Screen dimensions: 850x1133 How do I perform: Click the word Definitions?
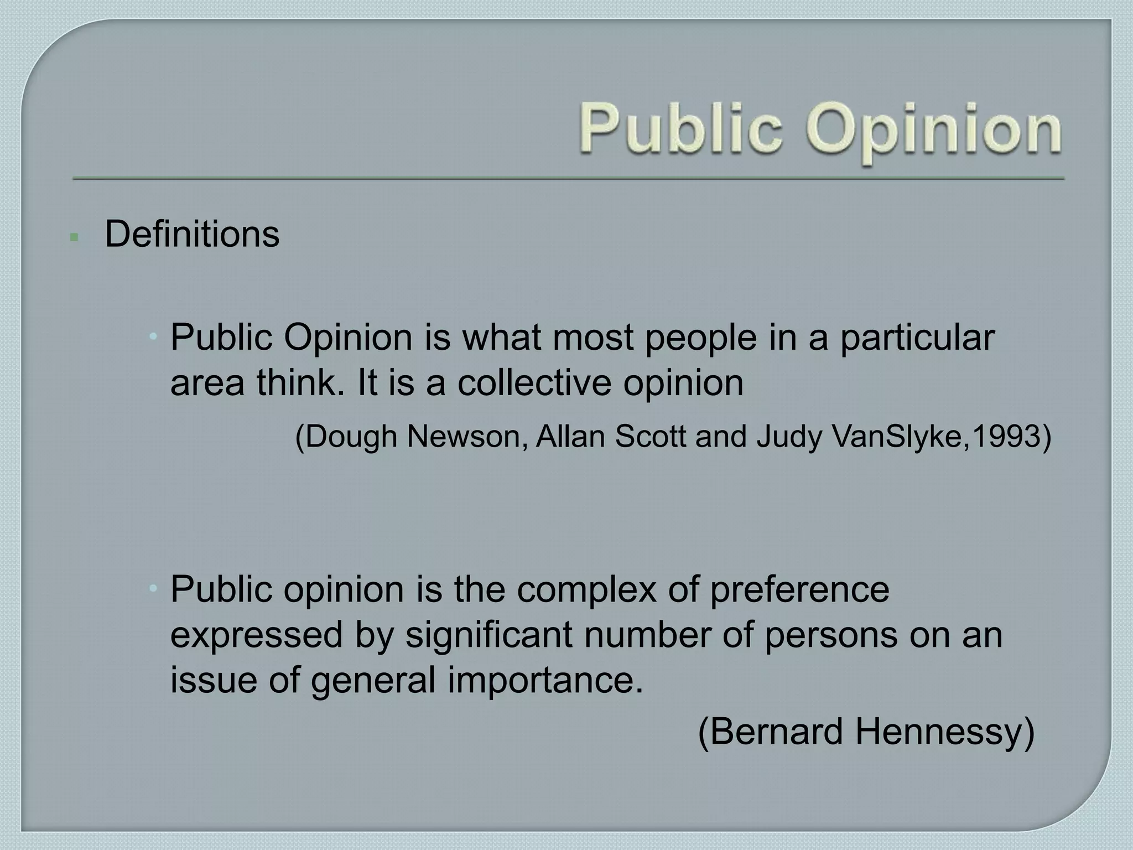[x=192, y=234]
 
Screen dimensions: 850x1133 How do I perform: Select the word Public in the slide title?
[x=682, y=131]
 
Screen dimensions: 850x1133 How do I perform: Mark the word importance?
[x=545, y=680]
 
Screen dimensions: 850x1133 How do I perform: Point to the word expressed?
[x=257, y=635]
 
